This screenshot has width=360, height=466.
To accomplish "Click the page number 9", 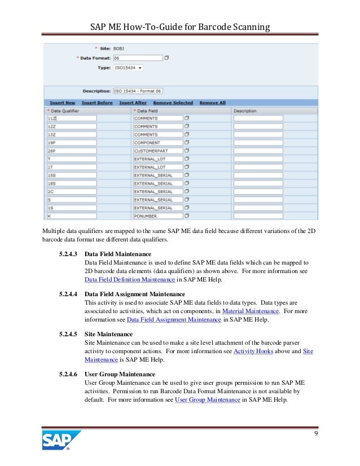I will click(x=315, y=433).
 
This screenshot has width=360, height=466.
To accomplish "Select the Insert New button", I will click(x=62, y=103).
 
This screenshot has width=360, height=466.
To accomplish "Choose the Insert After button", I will click(x=133, y=103).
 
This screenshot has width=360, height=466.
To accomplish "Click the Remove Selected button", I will click(x=173, y=103).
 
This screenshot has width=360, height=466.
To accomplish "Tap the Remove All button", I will click(x=212, y=103).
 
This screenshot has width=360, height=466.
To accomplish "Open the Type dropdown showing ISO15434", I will click(x=128, y=68).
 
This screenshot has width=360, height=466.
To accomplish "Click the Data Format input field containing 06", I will click(x=137, y=58).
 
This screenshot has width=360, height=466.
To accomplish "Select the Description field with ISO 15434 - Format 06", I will click(x=138, y=91).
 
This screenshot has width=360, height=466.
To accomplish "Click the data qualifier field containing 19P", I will click(x=72, y=143).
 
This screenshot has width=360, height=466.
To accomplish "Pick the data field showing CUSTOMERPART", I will click(x=157, y=151).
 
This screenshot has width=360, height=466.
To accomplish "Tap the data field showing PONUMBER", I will click(x=157, y=216).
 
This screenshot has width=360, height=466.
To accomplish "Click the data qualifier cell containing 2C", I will click(x=72, y=192).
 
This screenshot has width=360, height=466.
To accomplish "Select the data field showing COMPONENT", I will click(x=157, y=143).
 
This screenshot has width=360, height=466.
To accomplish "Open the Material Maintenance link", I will click(x=250, y=311).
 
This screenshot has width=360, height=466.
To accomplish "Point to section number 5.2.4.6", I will click(x=69, y=374).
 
